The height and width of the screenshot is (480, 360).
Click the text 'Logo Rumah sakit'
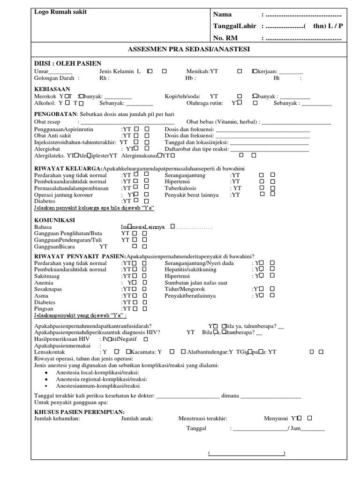click(x=60, y=12)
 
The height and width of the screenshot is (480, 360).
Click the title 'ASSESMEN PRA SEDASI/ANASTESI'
click(x=189, y=49)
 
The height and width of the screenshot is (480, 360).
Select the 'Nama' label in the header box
click(x=222, y=15)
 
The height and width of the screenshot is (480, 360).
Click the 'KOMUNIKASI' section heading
click(x=55, y=219)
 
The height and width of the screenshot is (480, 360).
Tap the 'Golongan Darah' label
click(x=54, y=78)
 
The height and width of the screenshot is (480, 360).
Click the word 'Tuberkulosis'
click(x=183, y=188)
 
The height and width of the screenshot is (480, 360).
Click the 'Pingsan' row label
click(x=44, y=309)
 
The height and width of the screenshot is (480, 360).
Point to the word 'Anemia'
click(x=44, y=283)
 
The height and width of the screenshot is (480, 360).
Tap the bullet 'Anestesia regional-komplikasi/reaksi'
click(x=101, y=379)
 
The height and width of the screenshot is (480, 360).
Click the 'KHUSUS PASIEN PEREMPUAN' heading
click(x=78, y=411)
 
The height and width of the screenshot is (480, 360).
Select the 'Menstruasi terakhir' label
click(x=202, y=418)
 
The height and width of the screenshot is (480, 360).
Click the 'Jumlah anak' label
click(x=137, y=418)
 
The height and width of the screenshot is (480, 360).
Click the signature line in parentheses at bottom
click(x=247, y=453)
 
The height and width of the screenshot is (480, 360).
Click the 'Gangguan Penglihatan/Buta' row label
click(x=68, y=233)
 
